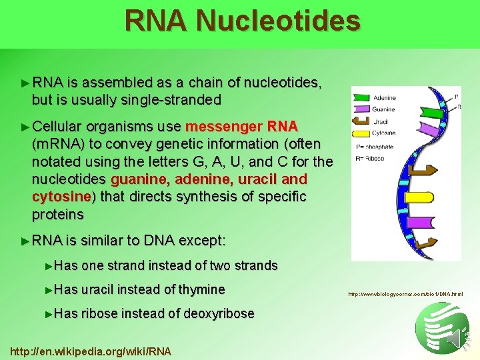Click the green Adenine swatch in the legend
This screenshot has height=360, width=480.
[362, 98]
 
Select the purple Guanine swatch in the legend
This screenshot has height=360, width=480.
[362, 109]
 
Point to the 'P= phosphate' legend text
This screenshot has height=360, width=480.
[375, 147]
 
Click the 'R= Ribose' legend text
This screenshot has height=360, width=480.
[371, 159]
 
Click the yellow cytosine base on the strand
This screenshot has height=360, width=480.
[418, 197]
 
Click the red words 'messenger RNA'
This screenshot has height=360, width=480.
[241, 127]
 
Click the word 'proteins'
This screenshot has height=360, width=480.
[58, 215]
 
